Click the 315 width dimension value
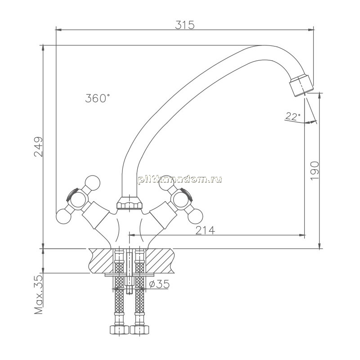coord(184,25)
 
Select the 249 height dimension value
coord(38,147)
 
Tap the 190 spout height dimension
coord(315,171)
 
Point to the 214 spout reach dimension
coord(205,230)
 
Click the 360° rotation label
coord(97,98)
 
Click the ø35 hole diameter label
coord(159,284)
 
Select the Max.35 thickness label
coord(39,294)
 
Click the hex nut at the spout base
coord(129,203)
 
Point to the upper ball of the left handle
coord(93,183)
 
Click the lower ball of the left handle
coord(63,216)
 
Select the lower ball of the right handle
coord(195,216)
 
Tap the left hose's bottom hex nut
coord(119,330)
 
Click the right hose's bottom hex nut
coord(139,330)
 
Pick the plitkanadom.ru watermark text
coord(180,179)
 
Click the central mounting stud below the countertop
coord(130,273)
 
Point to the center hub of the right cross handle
coord(181,200)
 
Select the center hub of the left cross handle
coord(78,200)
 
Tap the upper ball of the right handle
coord(166,183)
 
